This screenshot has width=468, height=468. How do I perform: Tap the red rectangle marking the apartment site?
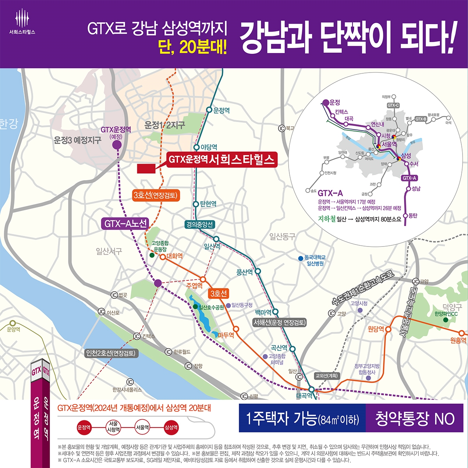point(146,168)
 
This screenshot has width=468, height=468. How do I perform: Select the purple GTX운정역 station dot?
point(116,145)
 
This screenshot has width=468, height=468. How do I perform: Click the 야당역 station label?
point(209,147)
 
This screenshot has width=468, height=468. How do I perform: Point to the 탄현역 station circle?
point(196,204)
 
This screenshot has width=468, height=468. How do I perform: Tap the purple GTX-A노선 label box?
point(125,223)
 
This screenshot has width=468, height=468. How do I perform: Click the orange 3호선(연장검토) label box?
point(156,195)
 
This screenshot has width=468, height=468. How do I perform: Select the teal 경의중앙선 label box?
point(200,224)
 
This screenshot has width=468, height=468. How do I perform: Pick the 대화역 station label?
point(174,256)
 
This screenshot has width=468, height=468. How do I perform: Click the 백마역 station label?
point(263,312)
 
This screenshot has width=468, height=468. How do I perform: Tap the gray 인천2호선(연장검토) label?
point(112,353)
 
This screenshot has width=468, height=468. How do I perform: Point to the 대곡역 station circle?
point(311,389)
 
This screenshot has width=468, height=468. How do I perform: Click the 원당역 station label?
point(376,329)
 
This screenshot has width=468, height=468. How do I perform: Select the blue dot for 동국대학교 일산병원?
point(300,258)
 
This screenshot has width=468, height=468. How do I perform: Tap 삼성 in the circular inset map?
point(406,156)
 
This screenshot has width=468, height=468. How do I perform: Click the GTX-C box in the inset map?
point(393,105)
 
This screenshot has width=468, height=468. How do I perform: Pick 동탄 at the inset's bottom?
point(413,215)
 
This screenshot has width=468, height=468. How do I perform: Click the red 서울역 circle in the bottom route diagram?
point(142,427)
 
